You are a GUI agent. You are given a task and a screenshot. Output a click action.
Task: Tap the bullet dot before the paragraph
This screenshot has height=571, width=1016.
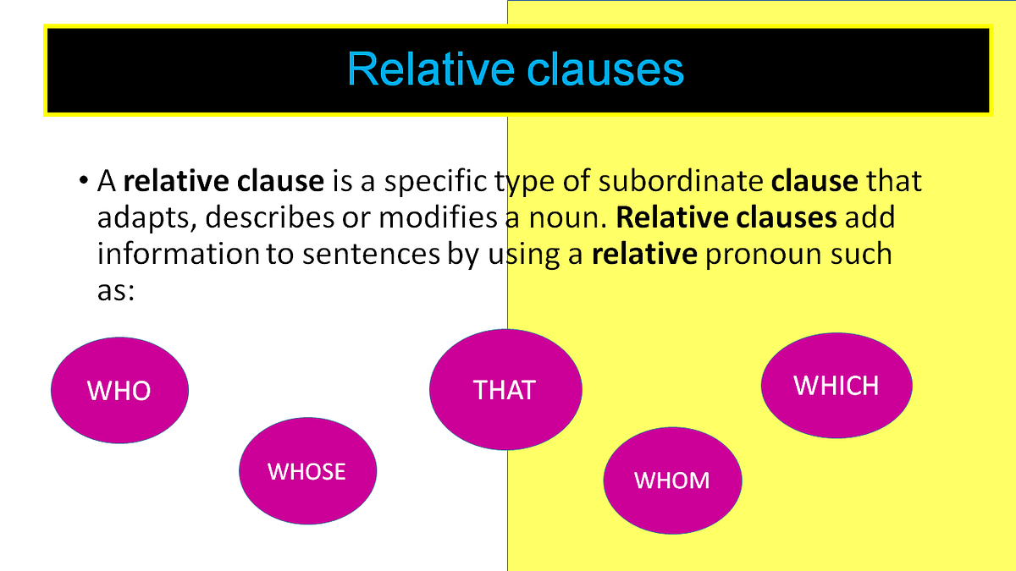tap(83, 181)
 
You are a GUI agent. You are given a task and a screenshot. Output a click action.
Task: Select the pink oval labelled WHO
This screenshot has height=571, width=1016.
tap(119, 390)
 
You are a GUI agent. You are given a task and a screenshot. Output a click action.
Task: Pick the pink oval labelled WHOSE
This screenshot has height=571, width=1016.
tap(307, 470)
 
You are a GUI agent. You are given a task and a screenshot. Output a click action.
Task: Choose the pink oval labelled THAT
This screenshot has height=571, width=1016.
tap(505, 389)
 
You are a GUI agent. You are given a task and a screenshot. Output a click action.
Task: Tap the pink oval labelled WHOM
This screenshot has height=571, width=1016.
tap(672, 480)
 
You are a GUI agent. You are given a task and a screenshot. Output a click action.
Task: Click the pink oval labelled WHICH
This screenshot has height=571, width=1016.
tap(837, 386)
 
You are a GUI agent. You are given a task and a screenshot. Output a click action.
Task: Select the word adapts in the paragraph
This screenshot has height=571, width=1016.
tap(145, 218)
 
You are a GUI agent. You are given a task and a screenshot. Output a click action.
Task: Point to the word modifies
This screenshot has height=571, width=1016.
tap(439, 218)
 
